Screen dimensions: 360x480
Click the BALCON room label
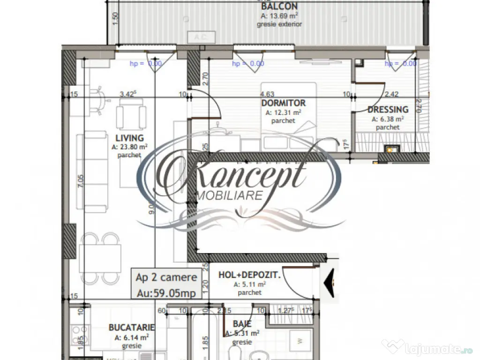[279, 7]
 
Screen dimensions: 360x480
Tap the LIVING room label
[129, 138]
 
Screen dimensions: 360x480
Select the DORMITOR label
[283, 103]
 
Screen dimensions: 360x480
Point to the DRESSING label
[388, 110]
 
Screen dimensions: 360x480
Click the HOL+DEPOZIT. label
[249, 275]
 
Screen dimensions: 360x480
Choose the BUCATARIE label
[131, 327]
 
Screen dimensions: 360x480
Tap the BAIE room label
[242, 324]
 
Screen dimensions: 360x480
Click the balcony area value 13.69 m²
[279, 16]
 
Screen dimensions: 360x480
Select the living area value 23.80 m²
[130, 147]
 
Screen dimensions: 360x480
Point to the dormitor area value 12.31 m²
[283, 112]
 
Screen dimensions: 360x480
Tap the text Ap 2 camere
[166, 277]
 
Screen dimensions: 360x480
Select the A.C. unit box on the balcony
[201, 37]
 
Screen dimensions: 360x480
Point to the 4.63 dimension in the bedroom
[267, 94]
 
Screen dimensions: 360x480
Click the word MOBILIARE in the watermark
[231, 195]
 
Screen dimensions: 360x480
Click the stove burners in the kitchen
[79, 333]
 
